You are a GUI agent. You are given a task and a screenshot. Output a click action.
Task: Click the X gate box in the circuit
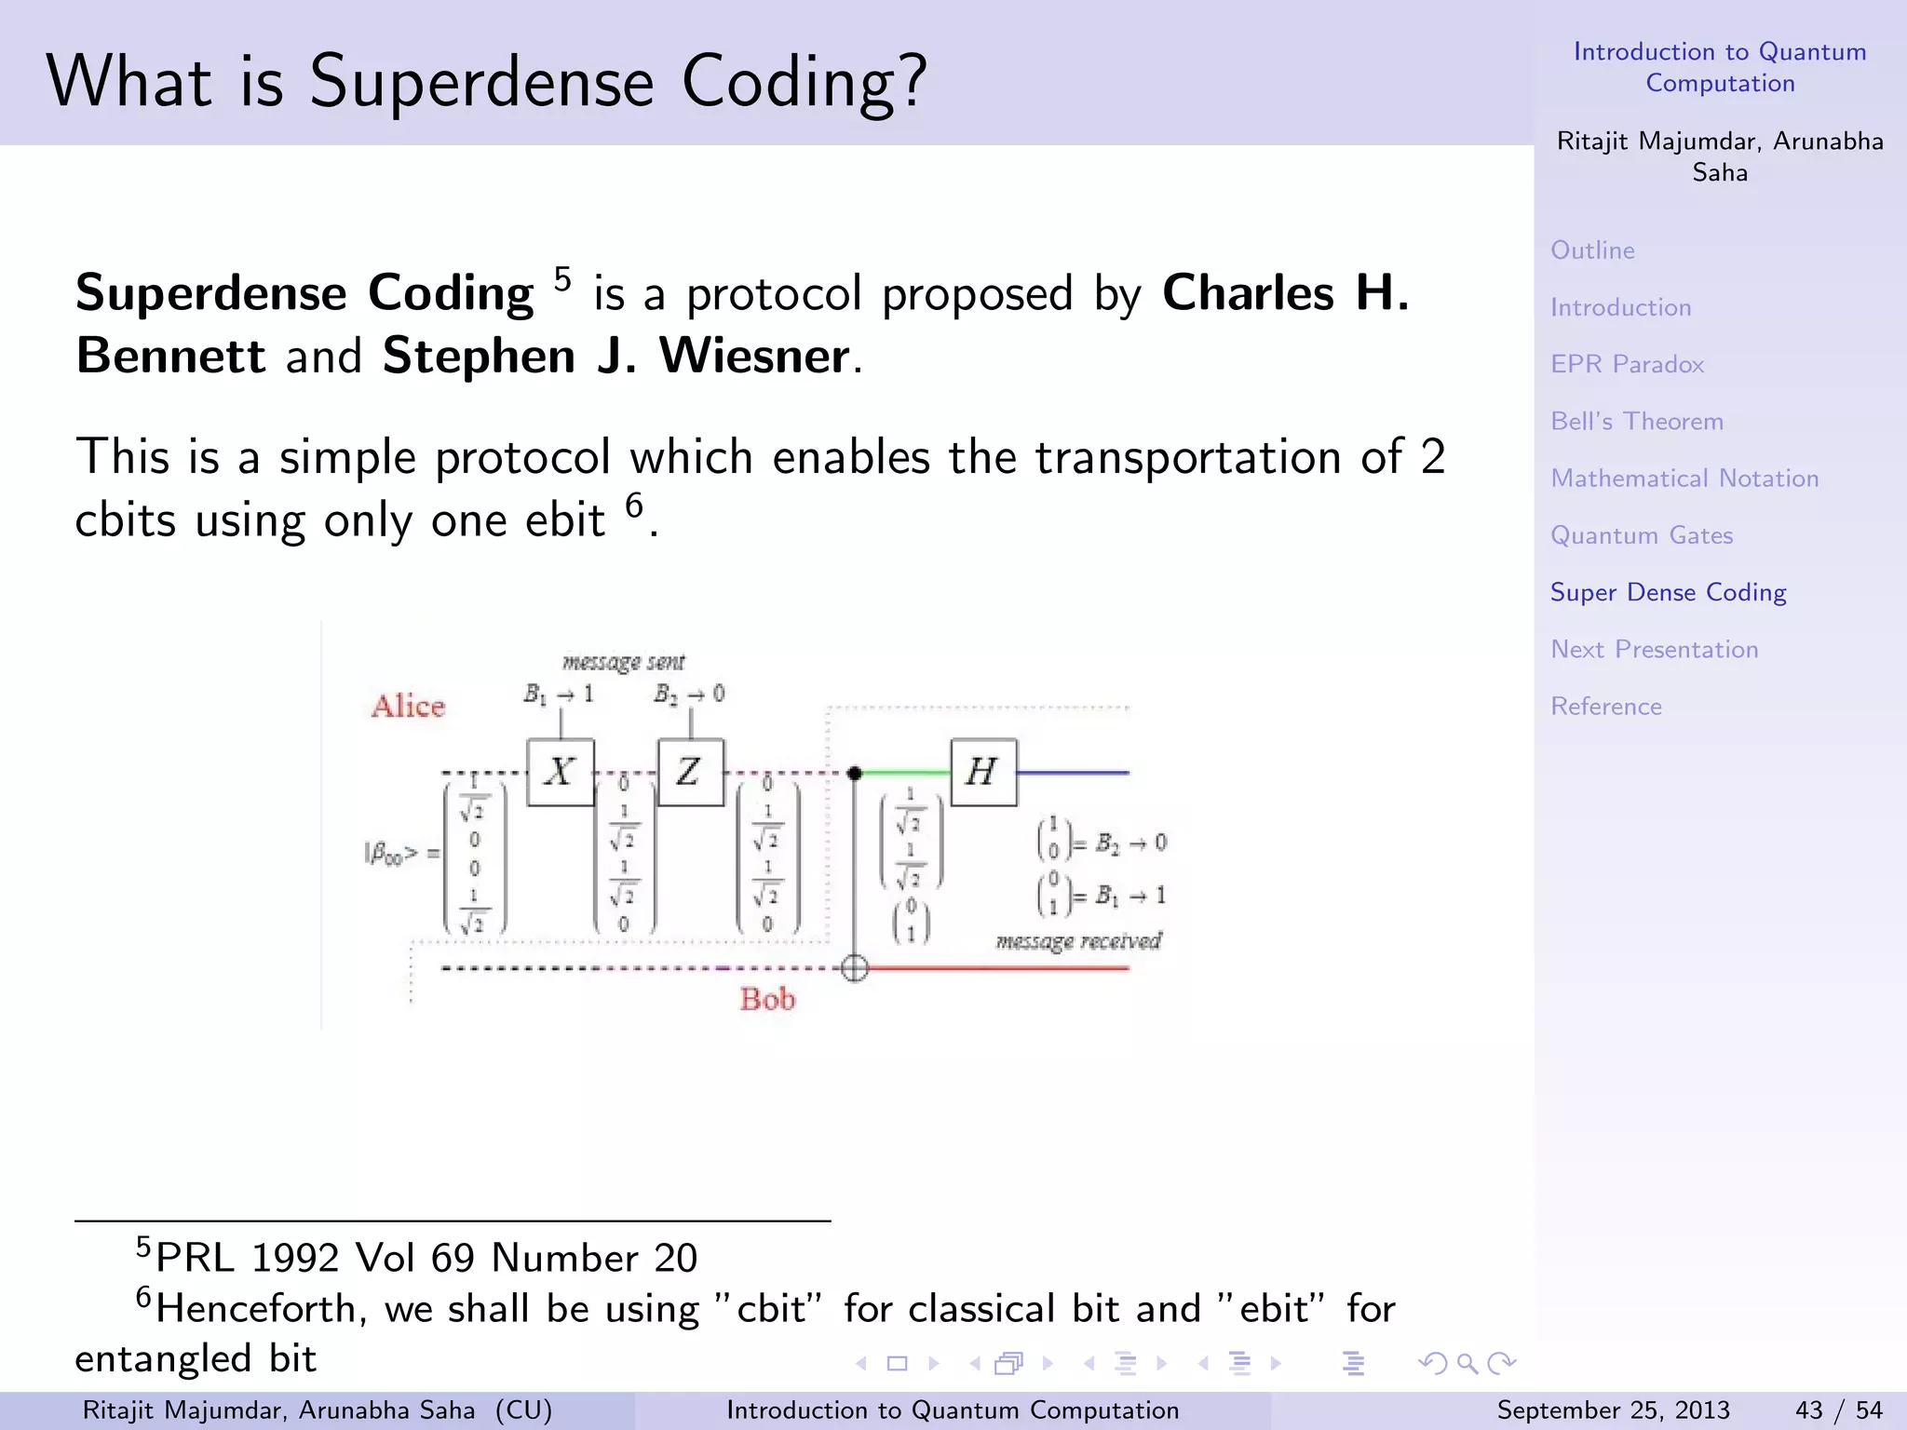(x=560, y=772)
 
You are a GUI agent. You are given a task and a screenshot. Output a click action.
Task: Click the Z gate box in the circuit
(x=690, y=772)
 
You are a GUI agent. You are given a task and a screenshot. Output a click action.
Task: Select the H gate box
(x=983, y=772)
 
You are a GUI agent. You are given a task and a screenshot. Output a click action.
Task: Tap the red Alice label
(x=408, y=706)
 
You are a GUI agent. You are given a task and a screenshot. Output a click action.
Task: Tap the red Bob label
(x=767, y=999)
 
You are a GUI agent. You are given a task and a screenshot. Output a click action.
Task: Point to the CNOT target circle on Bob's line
(x=855, y=968)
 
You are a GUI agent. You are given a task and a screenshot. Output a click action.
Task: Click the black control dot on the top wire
(x=855, y=773)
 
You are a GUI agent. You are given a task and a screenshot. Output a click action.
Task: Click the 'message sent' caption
(x=623, y=661)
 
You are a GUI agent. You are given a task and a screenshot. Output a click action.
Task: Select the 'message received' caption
(x=1078, y=941)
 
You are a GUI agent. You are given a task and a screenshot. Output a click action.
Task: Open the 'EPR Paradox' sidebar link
(x=1627, y=364)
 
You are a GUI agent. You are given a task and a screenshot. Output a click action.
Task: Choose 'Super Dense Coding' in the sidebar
(x=1668, y=592)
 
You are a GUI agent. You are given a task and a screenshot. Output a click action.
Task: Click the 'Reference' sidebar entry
(x=1605, y=707)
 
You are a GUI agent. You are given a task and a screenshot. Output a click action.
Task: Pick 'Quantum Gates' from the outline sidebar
(x=1641, y=535)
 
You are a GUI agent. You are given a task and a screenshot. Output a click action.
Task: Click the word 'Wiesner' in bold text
(x=754, y=356)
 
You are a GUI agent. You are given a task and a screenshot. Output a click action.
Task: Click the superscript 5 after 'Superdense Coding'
(x=562, y=278)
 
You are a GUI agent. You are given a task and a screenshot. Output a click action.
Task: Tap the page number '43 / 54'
(x=1838, y=1410)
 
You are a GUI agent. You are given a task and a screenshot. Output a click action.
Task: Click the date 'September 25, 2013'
(x=1613, y=1410)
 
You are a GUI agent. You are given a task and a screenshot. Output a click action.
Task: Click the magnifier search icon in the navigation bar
(x=1467, y=1364)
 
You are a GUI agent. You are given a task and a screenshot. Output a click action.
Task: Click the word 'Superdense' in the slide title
(x=482, y=82)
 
